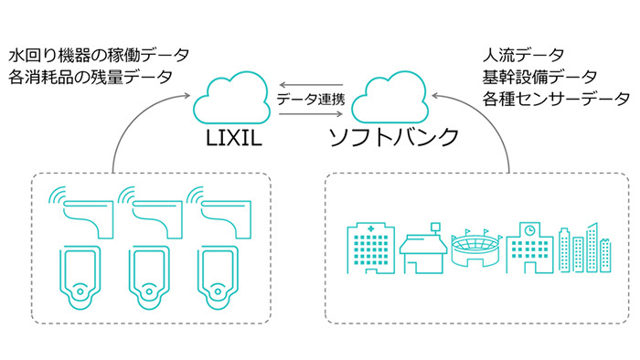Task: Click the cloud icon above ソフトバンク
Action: click(394, 99)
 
